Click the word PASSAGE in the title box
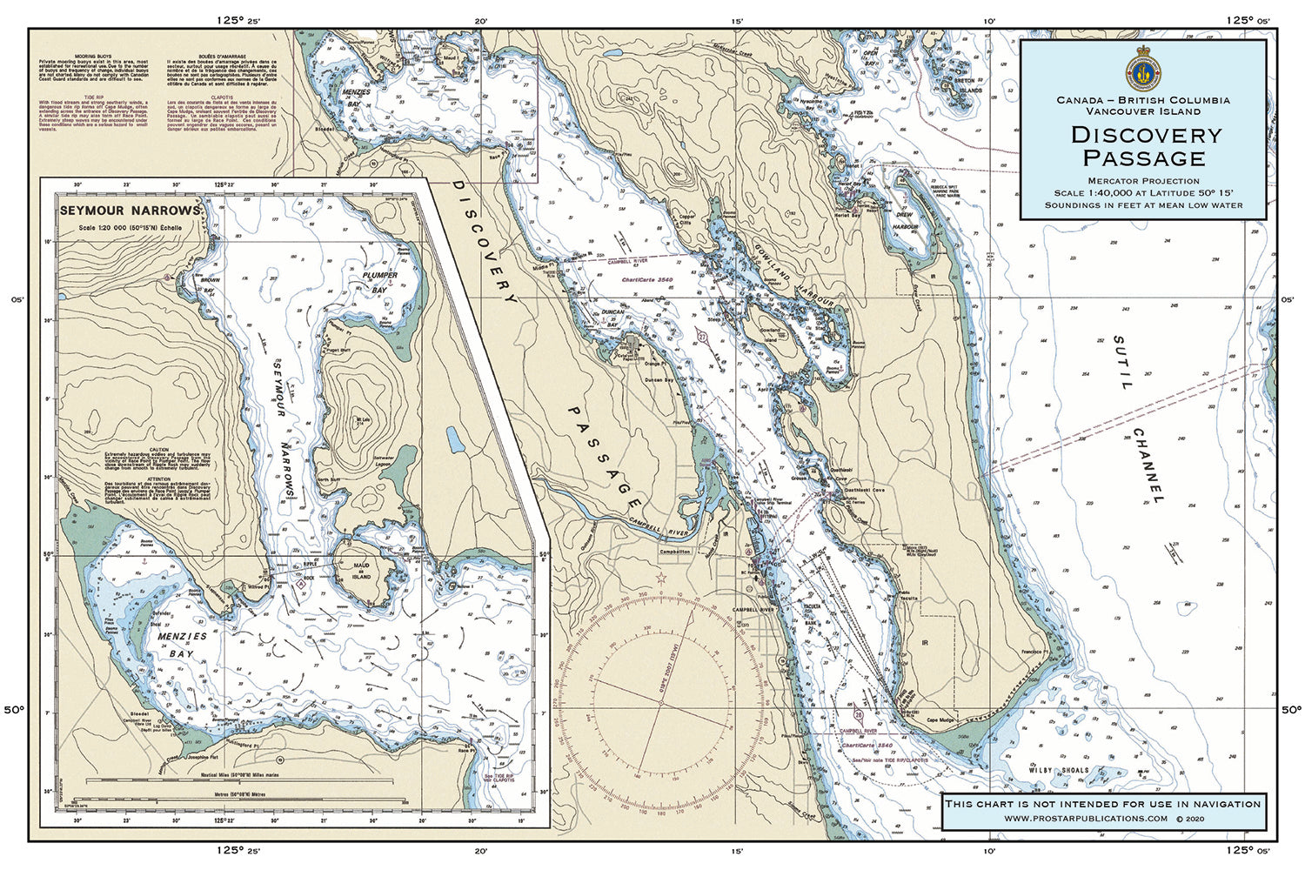click(1143, 158)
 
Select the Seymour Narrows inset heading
click(130, 211)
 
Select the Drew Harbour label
click(905, 221)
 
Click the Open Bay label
click(870, 57)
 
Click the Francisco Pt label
click(1032, 652)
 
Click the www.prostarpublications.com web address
click(1085, 819)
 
